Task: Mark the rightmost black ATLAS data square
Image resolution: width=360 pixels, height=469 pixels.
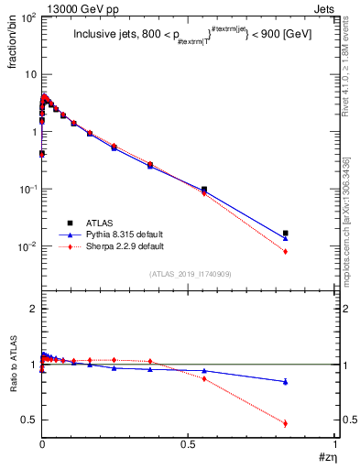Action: (286, 234)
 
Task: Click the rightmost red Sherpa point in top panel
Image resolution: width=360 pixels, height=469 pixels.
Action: (286, 252)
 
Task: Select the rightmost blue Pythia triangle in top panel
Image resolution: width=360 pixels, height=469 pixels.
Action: (286, 238)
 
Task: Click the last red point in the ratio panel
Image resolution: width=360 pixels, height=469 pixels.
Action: (286, 423)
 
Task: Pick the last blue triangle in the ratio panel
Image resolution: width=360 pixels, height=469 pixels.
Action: (286, 381)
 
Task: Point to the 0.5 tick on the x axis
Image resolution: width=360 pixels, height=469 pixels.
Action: (189, 445)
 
